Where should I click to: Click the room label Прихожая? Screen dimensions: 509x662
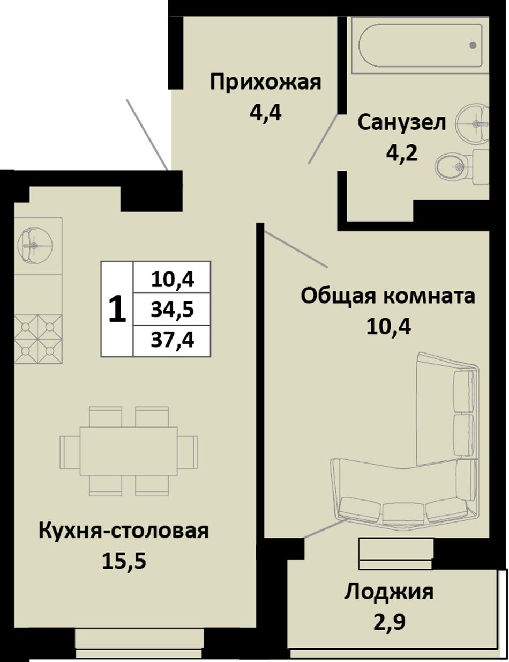pos(265,82)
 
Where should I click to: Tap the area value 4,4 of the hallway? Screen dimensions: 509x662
pos(265,113)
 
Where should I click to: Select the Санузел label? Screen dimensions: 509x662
pos(401,122)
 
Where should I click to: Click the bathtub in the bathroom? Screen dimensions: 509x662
pos(420,45)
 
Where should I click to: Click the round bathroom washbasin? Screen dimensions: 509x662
pos(472,123)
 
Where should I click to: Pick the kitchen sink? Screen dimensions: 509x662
pos(35,245)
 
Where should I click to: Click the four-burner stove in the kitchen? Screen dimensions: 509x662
pos(38,339)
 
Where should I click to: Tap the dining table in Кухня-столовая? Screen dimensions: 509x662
pos(129,451)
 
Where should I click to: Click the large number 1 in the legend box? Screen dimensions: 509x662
pos(117,310)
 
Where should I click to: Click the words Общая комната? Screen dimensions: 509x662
pos(388,296)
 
